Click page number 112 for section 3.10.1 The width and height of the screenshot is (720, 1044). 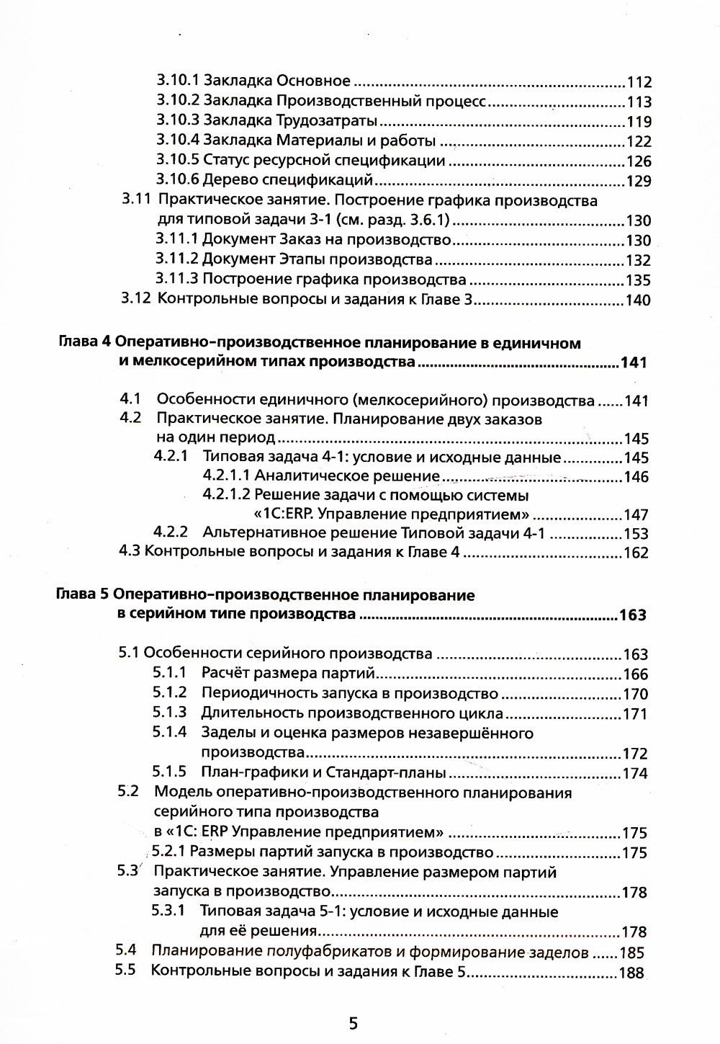639,82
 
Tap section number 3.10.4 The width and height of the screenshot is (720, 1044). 178,141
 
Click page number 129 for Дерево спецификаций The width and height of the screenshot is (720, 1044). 639,181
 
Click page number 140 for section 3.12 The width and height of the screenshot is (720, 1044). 637,300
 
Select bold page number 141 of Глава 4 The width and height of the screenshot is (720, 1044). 633,363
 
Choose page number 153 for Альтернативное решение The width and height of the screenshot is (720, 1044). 636,535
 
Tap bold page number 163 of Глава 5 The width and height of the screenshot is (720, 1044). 633,615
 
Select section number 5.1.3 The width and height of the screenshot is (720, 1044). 169,713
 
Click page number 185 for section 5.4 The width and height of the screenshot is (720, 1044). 632,952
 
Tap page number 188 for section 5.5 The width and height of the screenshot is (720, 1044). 632,973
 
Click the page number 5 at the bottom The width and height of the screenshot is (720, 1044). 353,1023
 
